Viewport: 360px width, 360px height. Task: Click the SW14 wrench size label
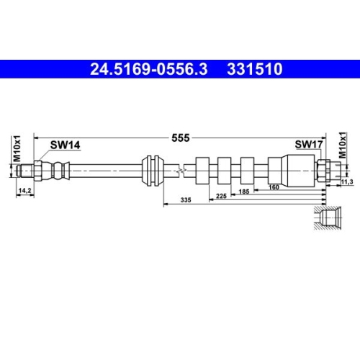[65, 145]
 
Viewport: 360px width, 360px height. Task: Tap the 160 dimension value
[274, 187]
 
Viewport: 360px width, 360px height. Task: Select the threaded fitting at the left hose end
[29, 171]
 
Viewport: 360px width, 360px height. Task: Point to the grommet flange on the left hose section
[151, 171]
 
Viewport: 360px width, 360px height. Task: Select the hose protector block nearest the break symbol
[203, 171]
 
